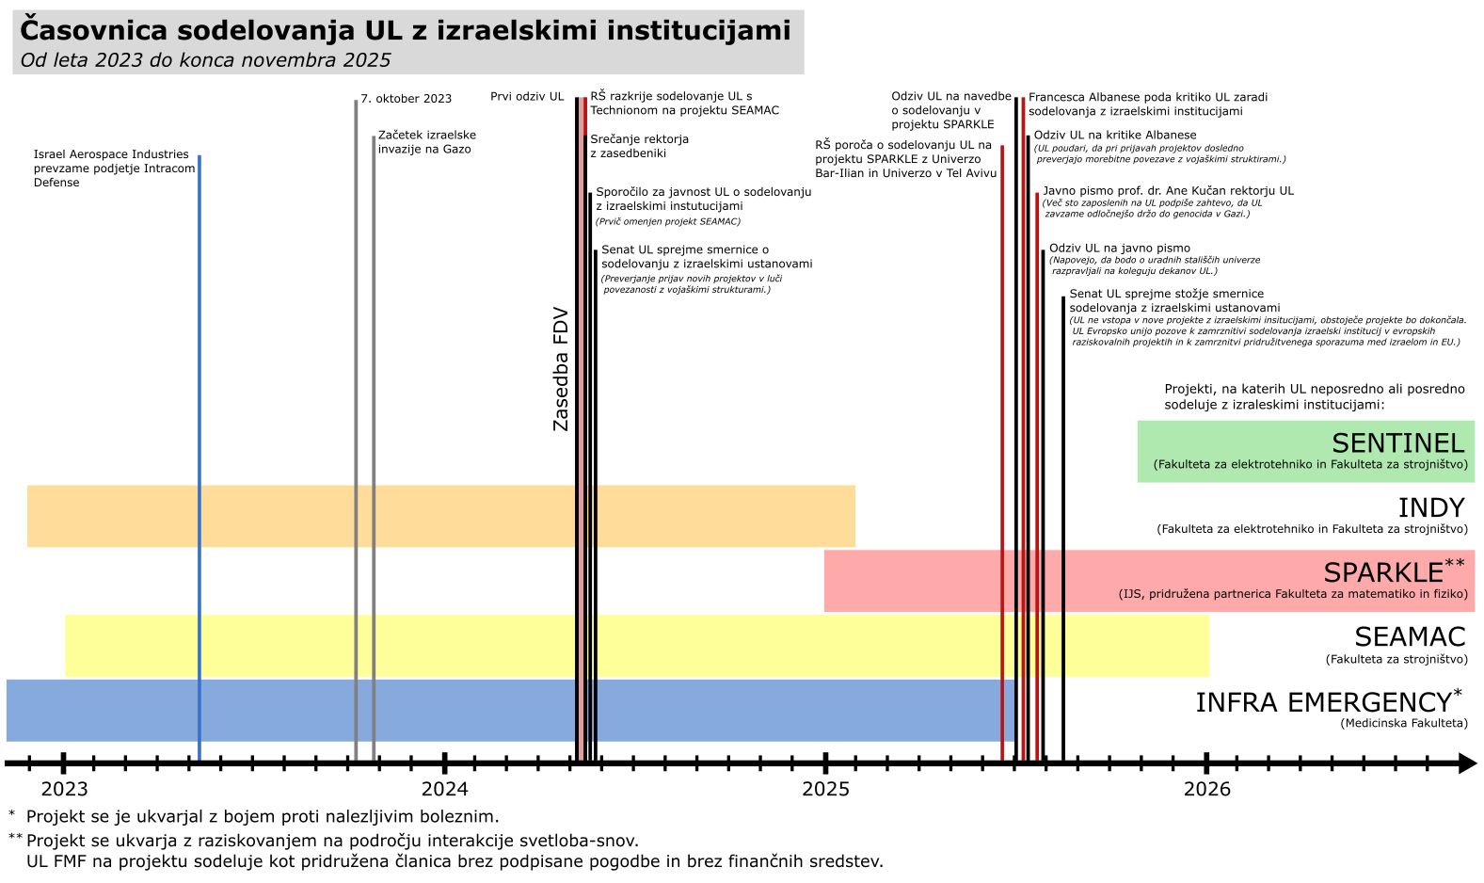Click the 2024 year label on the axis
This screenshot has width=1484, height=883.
(x=444, y=789)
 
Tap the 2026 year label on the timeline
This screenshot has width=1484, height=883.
(x=1206, y=789)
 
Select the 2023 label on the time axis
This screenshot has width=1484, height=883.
(x=64, y=789)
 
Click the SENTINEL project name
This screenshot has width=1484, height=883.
(x=1397, y=443)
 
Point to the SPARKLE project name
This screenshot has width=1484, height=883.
(x=1382, y=572)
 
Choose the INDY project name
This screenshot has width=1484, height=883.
(x=1430, y=508)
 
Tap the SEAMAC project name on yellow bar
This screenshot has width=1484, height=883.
(x=1410, y=637)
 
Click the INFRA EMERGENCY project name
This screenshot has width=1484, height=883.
(x=1322, y=703)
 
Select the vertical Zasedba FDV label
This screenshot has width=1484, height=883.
(x=561, y=369)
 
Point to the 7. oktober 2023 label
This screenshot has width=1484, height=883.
(x=406, y=99)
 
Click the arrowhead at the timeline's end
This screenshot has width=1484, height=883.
(x=1466, y=763)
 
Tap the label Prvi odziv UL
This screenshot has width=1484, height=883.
(x=527, y=97)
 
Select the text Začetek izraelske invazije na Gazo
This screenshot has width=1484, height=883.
(x=426, y=142)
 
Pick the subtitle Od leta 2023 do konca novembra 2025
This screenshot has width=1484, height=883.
(x=205, y=60)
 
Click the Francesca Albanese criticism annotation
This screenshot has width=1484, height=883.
(x=1147, y=104)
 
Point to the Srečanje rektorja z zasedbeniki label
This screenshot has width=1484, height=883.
(x=639, y=146)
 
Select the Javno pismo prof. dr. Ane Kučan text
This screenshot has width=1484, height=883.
(x=1168, y=191)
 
